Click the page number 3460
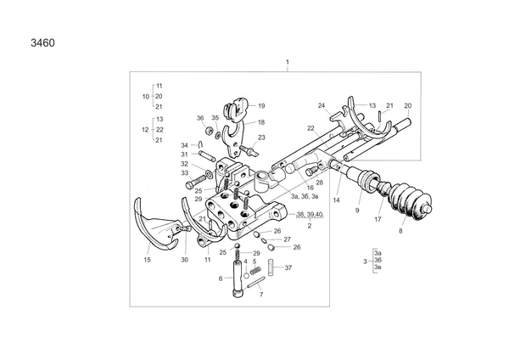42,43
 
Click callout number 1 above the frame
288,62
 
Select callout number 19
261,105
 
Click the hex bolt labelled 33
196,182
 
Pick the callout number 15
147,260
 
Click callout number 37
288,267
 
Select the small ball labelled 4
246,276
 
